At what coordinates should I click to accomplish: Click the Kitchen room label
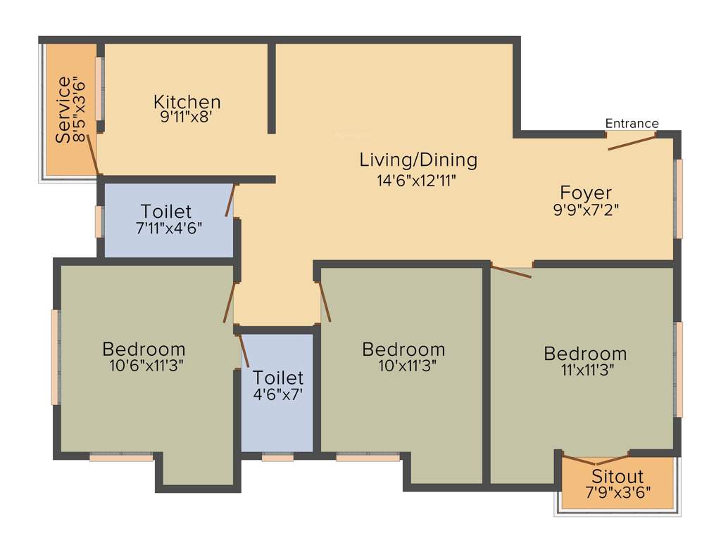tap(187, 102)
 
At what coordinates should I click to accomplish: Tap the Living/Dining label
tap(418, 160)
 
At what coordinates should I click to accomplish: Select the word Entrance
tap(632, 124)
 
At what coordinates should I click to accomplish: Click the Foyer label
tap(585, 192)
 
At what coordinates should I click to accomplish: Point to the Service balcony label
tap(63, 110)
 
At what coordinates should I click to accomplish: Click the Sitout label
tap(617, 477)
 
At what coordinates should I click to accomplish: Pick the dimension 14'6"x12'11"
tap(417, 180)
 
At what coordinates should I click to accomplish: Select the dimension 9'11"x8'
tap(187, 117)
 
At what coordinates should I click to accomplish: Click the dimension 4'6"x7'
tap(277, 394)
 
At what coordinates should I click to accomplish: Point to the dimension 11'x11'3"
tap(584, 371)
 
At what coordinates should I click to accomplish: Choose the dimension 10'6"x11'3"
tap(144, 366)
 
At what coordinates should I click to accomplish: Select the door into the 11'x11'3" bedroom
tap(511, 271)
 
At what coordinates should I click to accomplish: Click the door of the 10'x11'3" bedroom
tap(325, 302)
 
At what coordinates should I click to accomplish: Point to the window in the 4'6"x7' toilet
tap(277, 457)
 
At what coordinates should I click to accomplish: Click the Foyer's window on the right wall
tap(679, 198)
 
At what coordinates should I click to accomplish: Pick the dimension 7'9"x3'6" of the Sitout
tap(617, 493)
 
